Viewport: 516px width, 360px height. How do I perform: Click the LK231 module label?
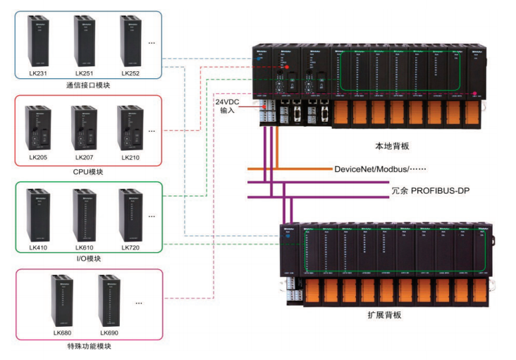39,73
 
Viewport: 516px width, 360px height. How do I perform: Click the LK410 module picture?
39,214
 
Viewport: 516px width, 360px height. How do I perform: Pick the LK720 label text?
130,247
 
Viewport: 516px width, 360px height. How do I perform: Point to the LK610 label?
85,247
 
